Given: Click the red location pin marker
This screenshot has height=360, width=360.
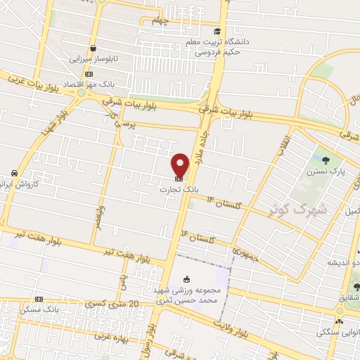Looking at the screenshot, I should click(181, 165).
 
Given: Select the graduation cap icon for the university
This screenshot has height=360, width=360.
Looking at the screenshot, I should click(217, 31).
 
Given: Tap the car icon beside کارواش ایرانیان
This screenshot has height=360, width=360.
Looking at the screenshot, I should click(14, 173).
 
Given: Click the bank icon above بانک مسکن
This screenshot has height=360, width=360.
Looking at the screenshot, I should click(39, 299).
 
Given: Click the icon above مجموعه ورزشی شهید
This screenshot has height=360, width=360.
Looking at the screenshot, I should click(186, 279).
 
